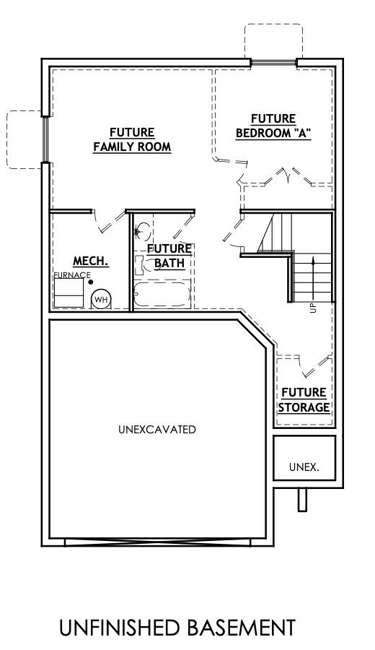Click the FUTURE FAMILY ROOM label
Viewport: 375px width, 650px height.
(132, 139)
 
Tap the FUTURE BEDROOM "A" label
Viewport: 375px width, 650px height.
(273, 126)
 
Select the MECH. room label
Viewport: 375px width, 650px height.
(91, 261)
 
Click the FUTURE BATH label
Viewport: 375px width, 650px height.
(169, 256)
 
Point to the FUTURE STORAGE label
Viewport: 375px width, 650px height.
(304, 399)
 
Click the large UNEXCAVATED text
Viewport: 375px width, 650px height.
(156, 430)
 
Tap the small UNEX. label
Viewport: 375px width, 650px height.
(304, 467)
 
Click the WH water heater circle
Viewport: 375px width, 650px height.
(100, 299)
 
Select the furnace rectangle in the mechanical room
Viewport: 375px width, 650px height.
(70, 293)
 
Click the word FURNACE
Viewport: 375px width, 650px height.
(71, 275)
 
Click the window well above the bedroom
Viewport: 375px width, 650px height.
(273, 41)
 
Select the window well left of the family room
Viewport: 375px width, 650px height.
(25, 139)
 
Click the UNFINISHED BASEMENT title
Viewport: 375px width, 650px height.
(177, 628)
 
